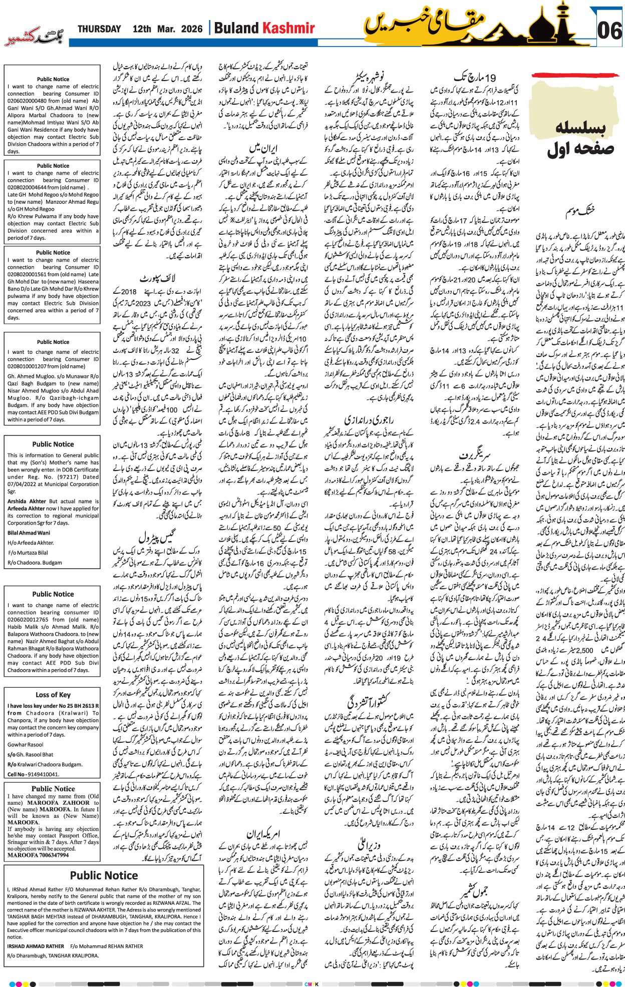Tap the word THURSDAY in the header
[99, 29]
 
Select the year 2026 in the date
[191, 29]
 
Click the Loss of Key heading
[53, 695]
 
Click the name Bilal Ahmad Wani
[29, 533]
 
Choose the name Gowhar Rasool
[25, 745]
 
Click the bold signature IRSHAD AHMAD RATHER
[36, 946]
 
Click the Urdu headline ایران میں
[263, 149]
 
